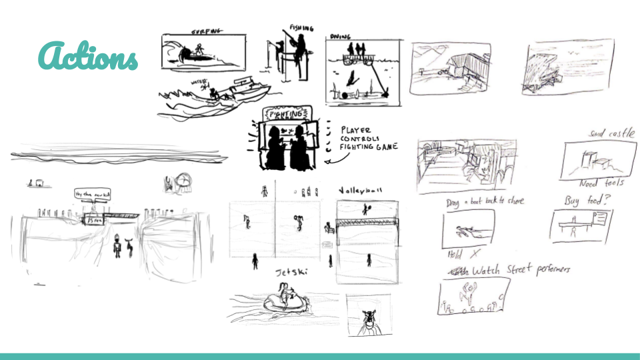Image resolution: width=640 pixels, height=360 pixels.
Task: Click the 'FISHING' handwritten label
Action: pyautogui.click(x=301, y=29)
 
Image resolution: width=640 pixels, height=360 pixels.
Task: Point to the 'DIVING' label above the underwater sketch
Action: pyautogui.click(x=340, y=38)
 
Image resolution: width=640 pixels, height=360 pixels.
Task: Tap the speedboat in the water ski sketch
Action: pyautogui.click(x=243, y=89)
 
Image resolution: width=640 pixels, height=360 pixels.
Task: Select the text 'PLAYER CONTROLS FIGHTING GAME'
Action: pyautogui.click(x=368, y=138)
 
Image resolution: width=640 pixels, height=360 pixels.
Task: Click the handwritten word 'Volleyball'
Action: pyautogui.click(x=361, y=191)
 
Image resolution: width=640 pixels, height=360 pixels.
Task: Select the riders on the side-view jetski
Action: pyautogui.click(x=285, y=293)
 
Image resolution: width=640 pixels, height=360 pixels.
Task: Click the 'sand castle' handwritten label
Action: pyautogui.click(x=611, y=134)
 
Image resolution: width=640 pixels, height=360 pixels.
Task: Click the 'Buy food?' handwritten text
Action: pyautogui.click(x=584, y=200)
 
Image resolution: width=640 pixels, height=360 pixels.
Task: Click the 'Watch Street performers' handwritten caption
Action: pyautogui.click(x=520, y=271)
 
